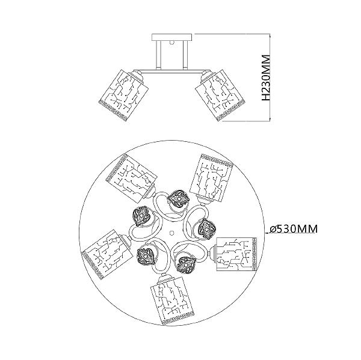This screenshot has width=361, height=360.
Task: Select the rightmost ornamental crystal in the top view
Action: (x=206, y=228)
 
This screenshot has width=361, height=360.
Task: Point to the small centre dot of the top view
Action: (x=171, y=232)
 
